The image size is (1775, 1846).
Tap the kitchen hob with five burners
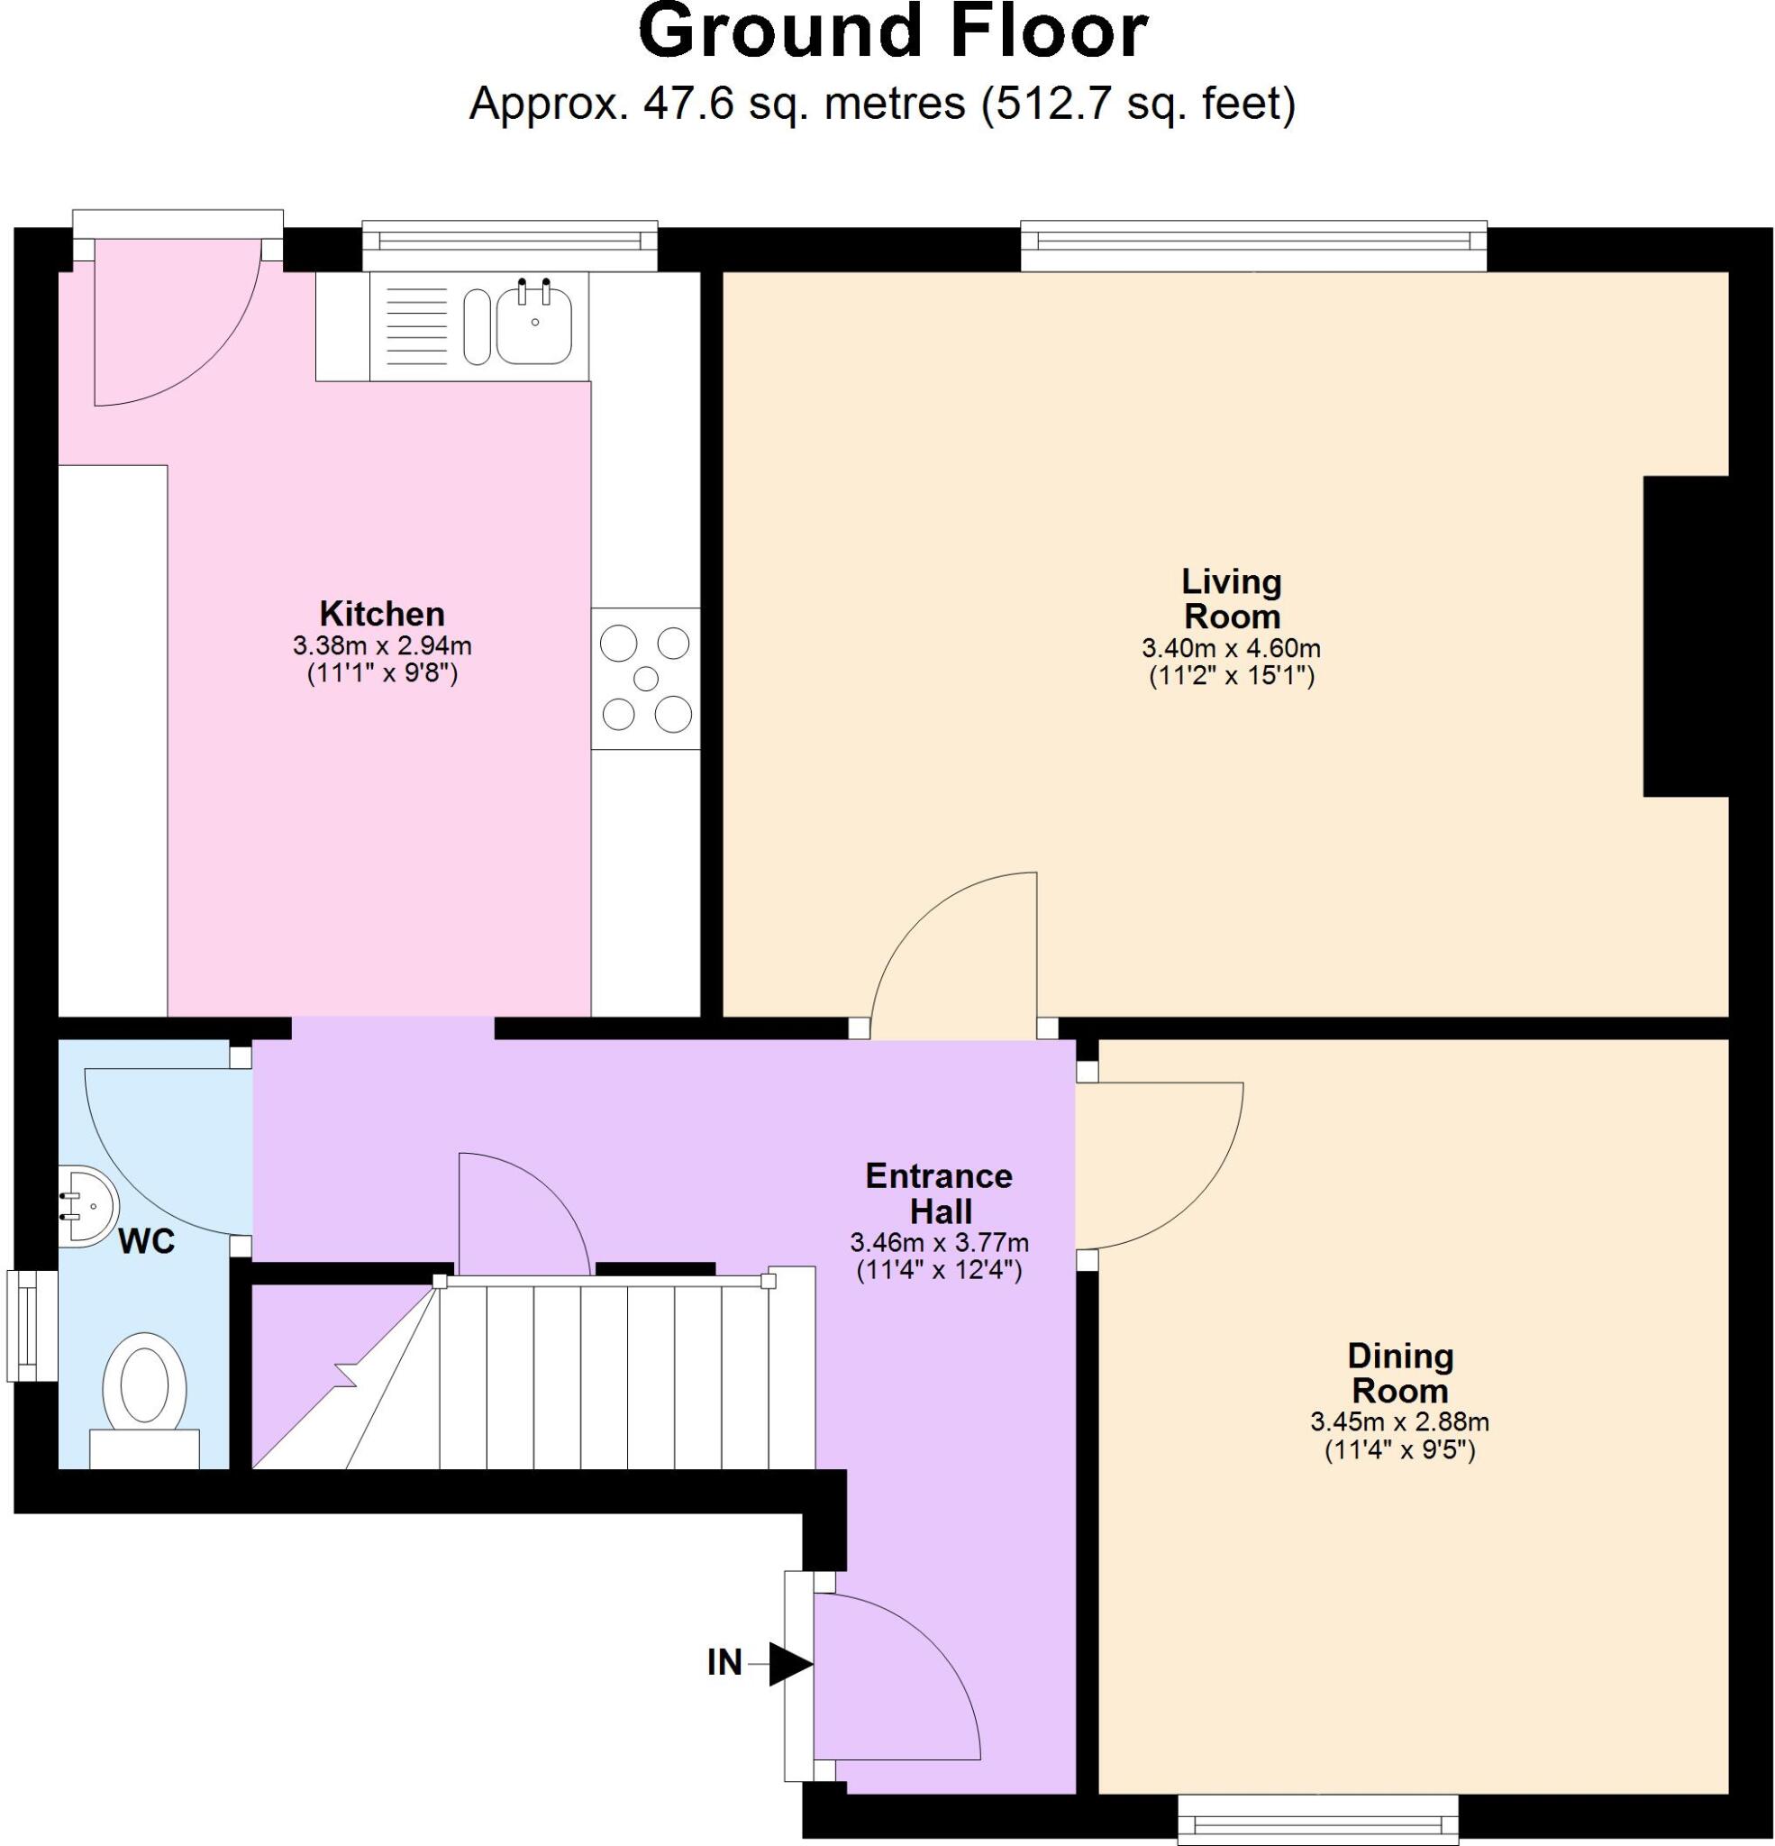[645, 678]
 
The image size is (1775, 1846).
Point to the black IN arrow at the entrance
[789, 1664]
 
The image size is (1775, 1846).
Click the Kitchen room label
[381, 614]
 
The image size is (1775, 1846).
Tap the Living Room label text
[1231, 599]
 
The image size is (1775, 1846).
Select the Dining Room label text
[1399, 1372]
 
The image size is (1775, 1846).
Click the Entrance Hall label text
[939, 1193]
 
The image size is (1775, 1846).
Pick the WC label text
[147, 1241]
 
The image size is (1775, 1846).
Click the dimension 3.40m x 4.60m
[1231, 648]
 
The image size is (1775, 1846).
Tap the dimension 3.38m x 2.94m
[381, 646]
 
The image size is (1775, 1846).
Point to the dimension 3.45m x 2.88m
[1399, 1421]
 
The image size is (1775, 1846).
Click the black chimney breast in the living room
[1685, 635]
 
